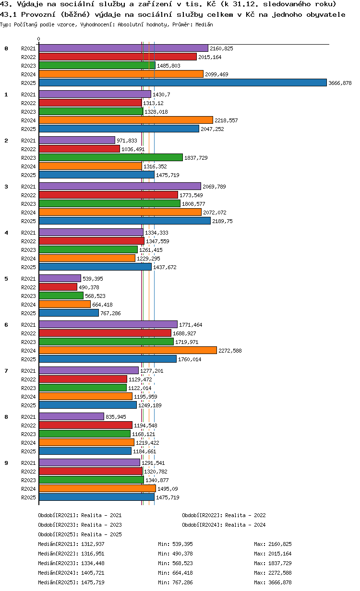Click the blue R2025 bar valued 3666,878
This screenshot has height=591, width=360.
tap(182, 83)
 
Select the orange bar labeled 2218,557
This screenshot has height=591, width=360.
tap(126, 120)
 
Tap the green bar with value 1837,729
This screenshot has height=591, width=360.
tap(111, 158)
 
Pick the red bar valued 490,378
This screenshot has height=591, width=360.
tap(58, 287)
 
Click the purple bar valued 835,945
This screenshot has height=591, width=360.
tap(72, 417)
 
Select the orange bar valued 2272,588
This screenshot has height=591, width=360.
tap(128, 351)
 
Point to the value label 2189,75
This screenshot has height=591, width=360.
tap(223, 221)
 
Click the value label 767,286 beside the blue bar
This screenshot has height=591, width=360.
tap(110, 313)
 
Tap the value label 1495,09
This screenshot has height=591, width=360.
tap(168, 489)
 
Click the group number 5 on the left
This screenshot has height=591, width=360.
tap(6, 279)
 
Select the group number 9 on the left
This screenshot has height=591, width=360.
tap(6, 463)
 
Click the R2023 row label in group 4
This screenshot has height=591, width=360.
tap(28, 250)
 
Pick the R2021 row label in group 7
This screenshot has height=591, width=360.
tap(28, 371)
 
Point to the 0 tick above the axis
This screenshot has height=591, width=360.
tap(39, 39)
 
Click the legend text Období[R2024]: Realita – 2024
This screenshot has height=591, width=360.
tap(224, 525)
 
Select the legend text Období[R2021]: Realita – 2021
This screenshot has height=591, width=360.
tap(80, 515)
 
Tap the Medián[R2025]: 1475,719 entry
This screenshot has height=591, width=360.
tap(71, 582)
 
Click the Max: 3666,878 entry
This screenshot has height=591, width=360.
tap(273, 582)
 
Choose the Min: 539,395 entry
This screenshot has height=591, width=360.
tap(176, 544)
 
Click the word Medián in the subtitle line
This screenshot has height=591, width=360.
tap(204, 25)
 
